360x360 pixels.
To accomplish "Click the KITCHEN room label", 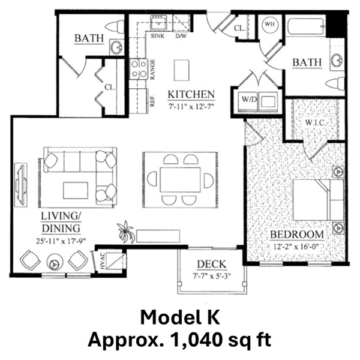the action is point(191,95).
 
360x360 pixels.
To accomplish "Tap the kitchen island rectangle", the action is point(182,70).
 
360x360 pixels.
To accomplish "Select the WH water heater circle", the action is point(270,24).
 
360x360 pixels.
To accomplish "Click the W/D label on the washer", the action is point(249,100).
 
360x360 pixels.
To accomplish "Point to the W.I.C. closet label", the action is point(315,122).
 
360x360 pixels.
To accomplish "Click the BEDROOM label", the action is point(297,235).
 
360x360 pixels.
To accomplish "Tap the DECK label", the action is point(211,264).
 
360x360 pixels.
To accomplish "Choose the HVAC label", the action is point(103,261).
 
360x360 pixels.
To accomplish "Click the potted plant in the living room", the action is point(125,232).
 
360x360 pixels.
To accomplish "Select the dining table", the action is point(180,180).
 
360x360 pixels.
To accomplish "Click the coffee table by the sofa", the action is point(76,190).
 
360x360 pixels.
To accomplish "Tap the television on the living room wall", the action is point(21,185).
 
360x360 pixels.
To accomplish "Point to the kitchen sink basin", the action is point(158,23).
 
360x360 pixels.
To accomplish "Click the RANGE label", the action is point(152,70).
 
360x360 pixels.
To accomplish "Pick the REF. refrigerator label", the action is point(152,101).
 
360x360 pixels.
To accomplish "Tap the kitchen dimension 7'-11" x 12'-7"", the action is point(191,107).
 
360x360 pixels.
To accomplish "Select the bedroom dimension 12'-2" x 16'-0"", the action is point(296,247).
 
